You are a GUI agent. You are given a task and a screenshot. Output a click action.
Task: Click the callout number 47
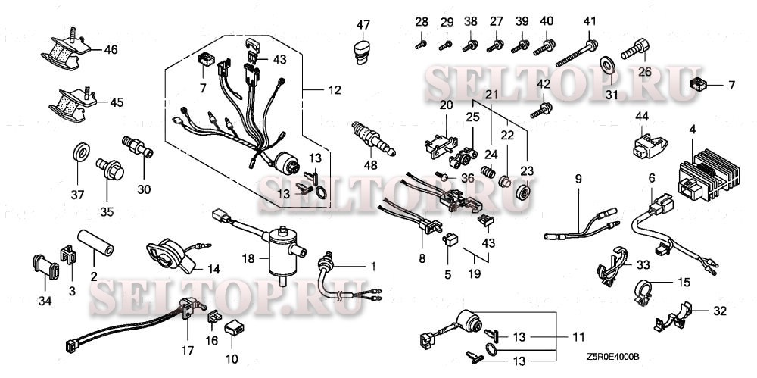point(363,25)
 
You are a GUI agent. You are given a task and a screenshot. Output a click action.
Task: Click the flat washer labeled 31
point(609,63)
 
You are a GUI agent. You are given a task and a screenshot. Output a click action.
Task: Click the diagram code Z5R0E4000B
point(612,356)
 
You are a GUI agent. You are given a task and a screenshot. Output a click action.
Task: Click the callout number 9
point(578,180)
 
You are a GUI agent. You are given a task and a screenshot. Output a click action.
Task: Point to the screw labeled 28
point(421,44)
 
